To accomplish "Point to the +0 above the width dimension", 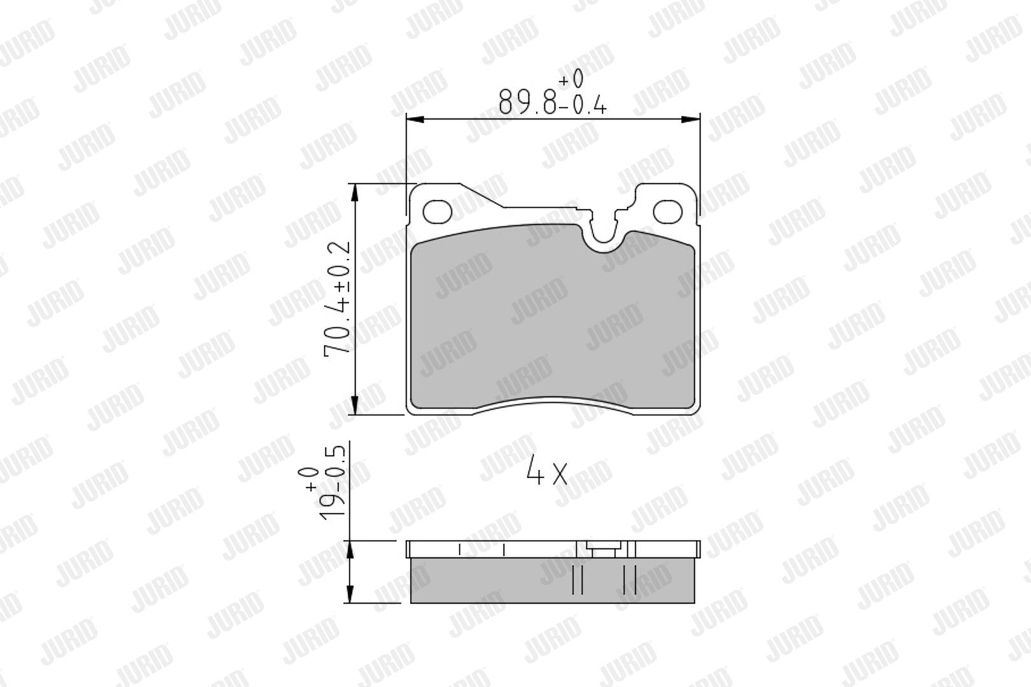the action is pyautogui.click(x=572, y=78).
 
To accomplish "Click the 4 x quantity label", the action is pyautogui.click(x=547, y=469).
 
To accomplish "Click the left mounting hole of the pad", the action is pyautogui.click(x=437, y=212).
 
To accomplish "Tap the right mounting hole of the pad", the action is pyautogui.click(x=668, y=212).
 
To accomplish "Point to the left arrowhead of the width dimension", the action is pyautogui.click(x=415, y=120).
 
